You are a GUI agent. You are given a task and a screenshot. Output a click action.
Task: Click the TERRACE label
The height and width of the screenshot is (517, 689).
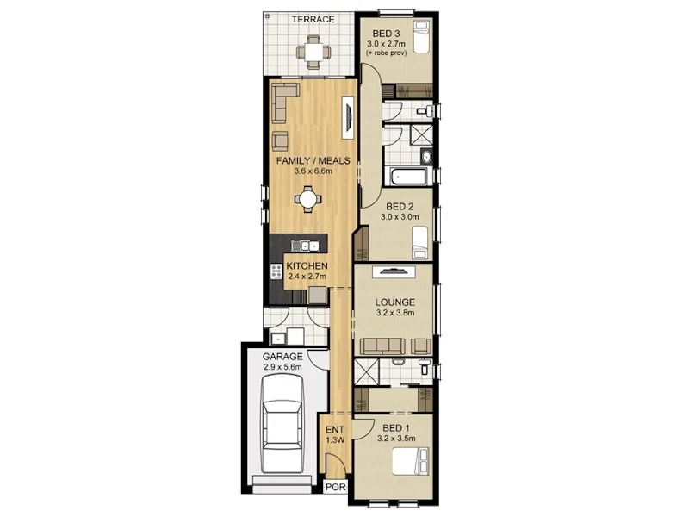click(312, 19)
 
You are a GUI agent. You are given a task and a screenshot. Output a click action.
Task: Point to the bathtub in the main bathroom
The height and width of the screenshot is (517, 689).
click(410, 177)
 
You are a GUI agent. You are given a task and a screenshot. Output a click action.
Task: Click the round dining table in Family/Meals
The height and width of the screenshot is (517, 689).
click(307, 199)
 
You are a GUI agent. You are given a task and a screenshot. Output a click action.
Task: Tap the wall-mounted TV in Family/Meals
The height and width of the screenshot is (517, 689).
click(348, 116)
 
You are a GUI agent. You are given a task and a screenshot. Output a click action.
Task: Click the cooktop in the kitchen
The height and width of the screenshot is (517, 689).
click(276, 271)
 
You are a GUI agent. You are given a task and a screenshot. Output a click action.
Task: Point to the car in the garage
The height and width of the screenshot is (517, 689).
click(282, 422)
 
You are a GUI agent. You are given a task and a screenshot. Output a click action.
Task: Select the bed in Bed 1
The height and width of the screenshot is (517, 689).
click(413, 464)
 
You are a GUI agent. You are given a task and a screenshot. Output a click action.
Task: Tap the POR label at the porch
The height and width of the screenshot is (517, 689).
click(336, 488)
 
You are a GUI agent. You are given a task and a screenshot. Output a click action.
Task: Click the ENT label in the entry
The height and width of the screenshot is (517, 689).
click(335, 428)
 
